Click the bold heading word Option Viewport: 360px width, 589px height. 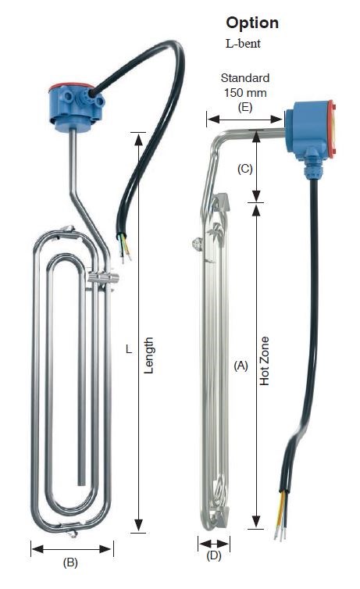pyautogui.click(x=252, y=23)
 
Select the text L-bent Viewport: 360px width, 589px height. pyautogui.click(x=243, y=44)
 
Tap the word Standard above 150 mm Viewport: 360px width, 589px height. pyautogui.click(x=244, y=78)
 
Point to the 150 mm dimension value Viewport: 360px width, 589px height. pyautogui.click(x=245, y=92)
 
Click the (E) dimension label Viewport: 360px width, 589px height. pyautogui.click(x=245, y=108)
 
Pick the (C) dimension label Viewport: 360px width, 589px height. pyautogui.click(x=244, y=169)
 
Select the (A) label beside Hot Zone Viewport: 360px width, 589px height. pyautogui.click(x=241, y=366)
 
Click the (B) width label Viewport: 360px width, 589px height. pyautogui.click(x=70, y=562)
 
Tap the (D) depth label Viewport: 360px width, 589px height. pyautogui.click(x=214, y=555)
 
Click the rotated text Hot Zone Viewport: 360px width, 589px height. pyautogui.click(x=265, y=361)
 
